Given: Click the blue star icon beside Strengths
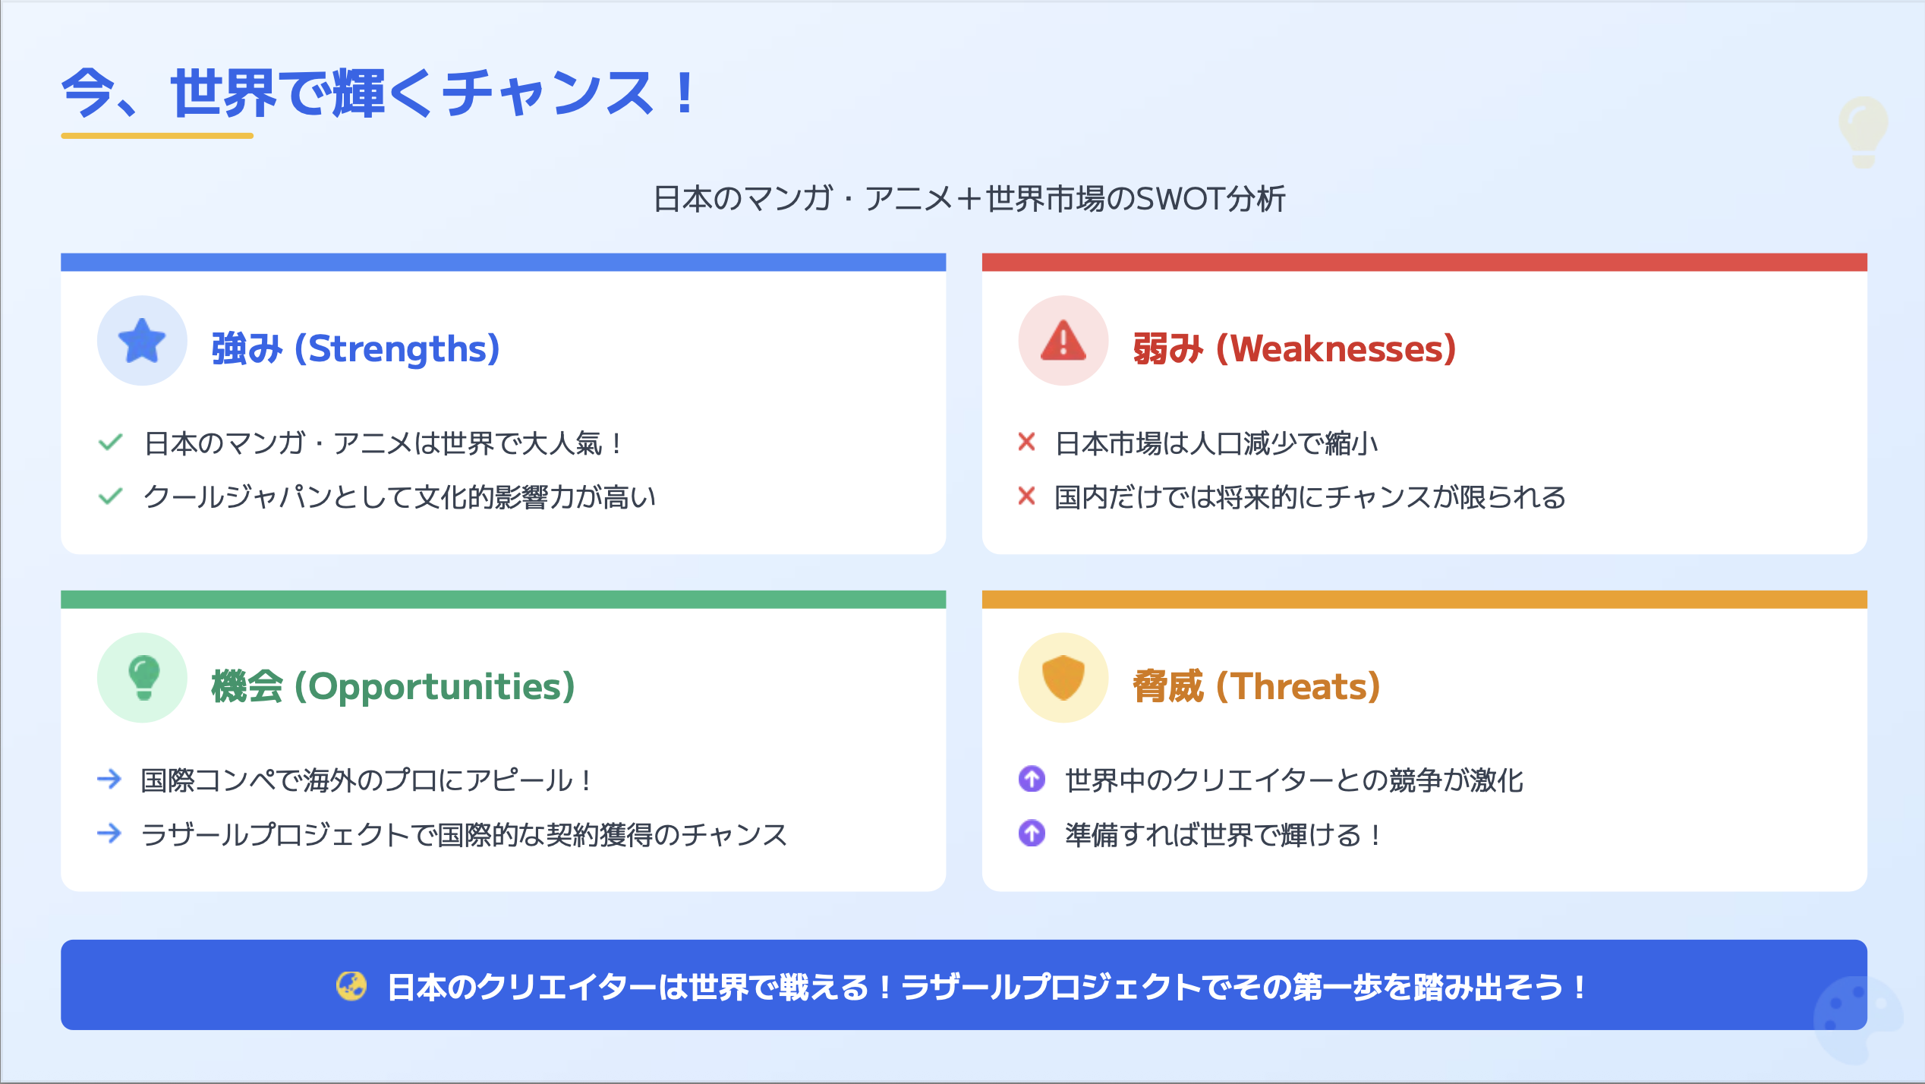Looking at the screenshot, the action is click(x=142, y=340).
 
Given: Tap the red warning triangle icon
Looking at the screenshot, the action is click(x=1063, y=341).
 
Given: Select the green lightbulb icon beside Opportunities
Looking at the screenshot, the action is click(x=143, y=677).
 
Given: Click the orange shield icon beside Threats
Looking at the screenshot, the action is click(x=1063, y=677).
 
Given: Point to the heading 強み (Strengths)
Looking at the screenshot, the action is click(x=355, y=349).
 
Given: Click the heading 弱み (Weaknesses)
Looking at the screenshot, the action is click(x=1294, y=349).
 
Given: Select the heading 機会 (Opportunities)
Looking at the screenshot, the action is click(x=393, y=686).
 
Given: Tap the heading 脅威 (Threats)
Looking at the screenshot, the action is click(x=1256, y=686).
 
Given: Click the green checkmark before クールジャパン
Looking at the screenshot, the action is click(x=111, y=496).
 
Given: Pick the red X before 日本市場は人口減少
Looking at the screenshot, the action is click(x=1026, y=442).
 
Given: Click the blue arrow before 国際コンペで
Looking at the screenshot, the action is click(x=110, y=779).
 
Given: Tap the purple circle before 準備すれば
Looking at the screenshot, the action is click(x=1032, y=833).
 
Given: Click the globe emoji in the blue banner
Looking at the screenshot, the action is click(x=351, y=986).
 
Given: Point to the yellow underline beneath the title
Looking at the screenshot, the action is click(x=157, y=136).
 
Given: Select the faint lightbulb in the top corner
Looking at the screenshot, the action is click(x=1864, y=131).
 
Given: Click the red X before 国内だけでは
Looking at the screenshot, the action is click(x=1026, y=496).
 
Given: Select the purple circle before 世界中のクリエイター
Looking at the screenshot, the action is click(x=1032, y=779).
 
